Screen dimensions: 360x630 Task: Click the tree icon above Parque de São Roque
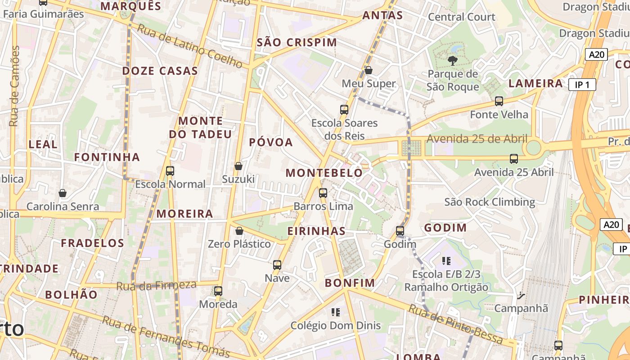click(x=453, y=60)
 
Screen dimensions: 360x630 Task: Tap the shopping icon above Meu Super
click(x=369, y=70)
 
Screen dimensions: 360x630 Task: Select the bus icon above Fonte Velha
click(x=499, y=101)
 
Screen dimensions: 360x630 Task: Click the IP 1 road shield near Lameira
click(x=582, y=85)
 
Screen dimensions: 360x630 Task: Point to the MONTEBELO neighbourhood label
click(x=324, y=173)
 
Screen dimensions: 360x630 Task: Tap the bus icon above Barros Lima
click(x=323, y=193)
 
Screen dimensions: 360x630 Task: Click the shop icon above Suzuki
click(x=238, y=166)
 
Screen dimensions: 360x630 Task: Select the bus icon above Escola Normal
click(x=170, y=171)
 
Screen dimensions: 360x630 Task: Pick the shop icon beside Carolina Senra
click(x=63, y=193)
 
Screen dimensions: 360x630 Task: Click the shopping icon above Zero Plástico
click(x=239, y=231)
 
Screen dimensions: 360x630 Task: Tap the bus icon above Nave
click(x=277, y=265)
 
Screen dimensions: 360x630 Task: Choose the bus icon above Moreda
click(x=218, y=291)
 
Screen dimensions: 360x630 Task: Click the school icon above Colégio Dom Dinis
click(x=335, y=312)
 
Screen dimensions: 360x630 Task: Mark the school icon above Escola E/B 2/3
click(x=446, y=261)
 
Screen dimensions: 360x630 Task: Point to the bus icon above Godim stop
click(x=400, y=231)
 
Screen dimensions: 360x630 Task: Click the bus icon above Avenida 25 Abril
click(x=514, y=159)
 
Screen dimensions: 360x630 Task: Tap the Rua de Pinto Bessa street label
click(x=455, y=324)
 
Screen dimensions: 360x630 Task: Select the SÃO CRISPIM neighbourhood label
click(x=297, y=43)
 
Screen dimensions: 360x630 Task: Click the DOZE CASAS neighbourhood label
click(x=160, y=71)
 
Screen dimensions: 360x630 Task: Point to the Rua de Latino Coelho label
click(x=190, y=46)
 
